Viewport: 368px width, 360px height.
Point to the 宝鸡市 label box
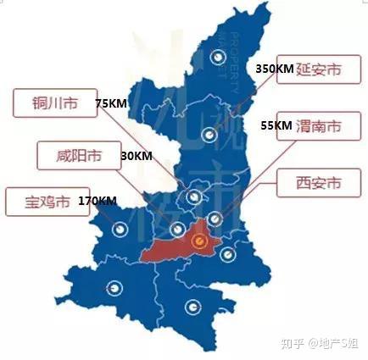pos(41,202)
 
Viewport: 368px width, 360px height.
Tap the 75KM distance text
pos(111,103)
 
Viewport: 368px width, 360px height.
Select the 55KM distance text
pos(276,125)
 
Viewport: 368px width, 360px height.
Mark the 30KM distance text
pos(137,157)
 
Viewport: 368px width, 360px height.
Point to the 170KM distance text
pos(96,202)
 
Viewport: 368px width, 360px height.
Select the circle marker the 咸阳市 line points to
pos(177,229)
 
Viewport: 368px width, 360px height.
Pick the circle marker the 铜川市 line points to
pos(195,197)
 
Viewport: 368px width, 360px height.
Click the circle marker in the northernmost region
pos(219,58)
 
